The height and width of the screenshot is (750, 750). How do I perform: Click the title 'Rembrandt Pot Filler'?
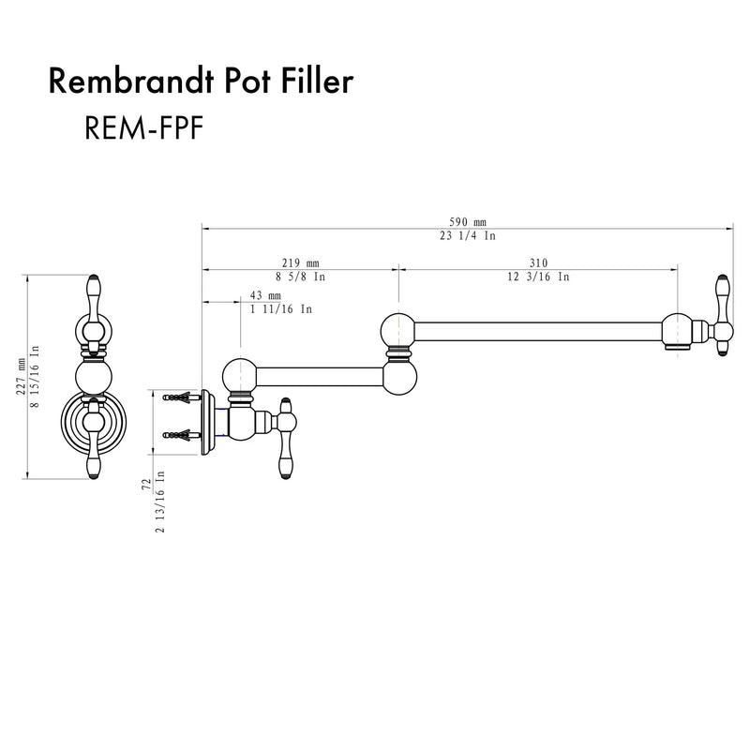(200, 83)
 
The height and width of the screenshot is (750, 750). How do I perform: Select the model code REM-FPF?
(140, 128)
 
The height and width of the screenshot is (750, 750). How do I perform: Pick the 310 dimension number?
(537, 263)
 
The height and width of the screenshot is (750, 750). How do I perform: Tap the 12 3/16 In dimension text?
(539, 277)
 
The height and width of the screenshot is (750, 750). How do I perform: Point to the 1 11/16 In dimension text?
(281, 308)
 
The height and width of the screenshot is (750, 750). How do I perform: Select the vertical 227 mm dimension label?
(21, 376)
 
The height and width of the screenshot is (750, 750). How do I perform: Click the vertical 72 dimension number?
(147, 486)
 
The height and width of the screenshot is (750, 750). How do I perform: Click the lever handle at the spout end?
(722, 315)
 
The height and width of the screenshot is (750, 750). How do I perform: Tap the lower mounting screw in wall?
(179, 434)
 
